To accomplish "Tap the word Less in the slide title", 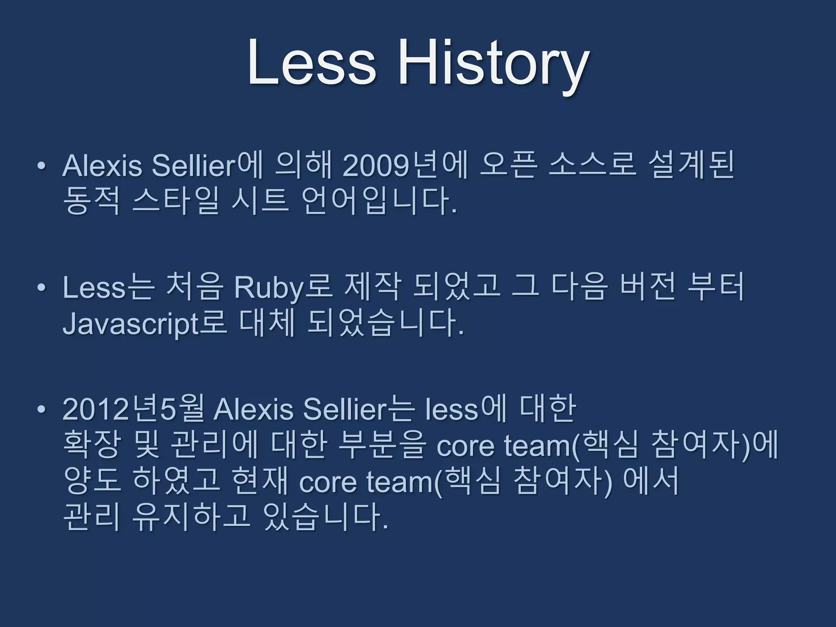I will [311, 63].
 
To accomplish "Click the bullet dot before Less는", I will [40, 288].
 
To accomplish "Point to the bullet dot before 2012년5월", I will [40, 409].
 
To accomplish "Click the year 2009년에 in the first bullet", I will [404, 166].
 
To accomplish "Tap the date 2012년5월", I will [133, 409].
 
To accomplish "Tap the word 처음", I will [194, 288].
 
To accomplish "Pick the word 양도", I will [91, 481].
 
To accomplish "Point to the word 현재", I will [259, 481].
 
